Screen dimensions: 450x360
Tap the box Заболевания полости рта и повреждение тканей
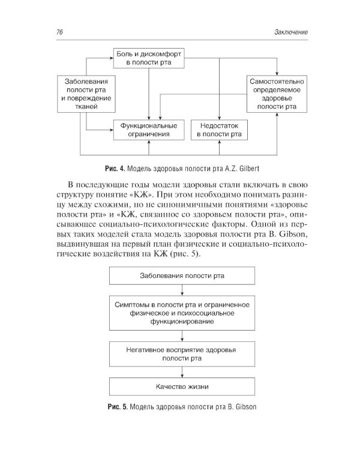87,94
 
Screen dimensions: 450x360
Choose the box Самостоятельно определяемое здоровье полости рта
277,94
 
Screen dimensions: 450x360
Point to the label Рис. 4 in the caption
115,167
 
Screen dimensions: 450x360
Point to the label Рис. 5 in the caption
114,412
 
